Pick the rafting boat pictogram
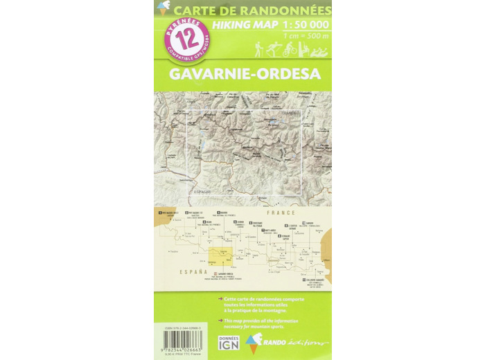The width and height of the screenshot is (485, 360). tap(321, 51)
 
